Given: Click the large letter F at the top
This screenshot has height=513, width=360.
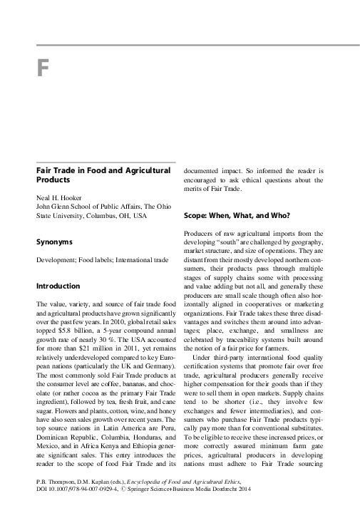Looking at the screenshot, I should click(43, 71).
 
